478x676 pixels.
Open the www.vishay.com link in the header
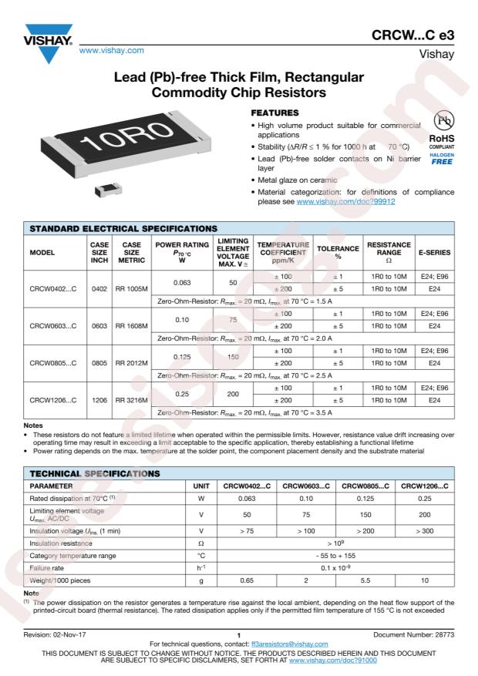118,51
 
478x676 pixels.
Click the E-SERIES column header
435,251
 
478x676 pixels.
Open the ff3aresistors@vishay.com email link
284,644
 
